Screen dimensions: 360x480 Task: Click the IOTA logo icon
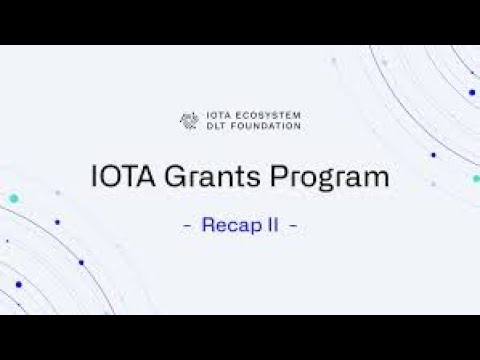[187, 120]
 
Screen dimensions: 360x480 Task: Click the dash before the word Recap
[188, 226]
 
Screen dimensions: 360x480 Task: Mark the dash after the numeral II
[292, 226]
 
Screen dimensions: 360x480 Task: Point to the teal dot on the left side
[13, 200]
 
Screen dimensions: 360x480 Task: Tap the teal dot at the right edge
[476, 179]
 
